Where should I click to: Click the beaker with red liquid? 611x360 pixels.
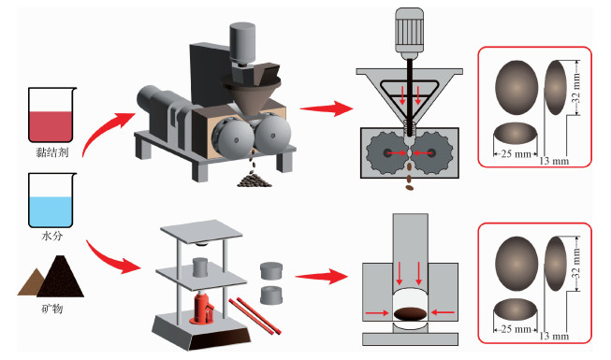click(51, 114)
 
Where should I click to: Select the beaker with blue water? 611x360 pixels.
click(51, 200)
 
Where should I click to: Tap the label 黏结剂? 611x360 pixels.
click(51, 152)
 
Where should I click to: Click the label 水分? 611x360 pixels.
click(51, 236)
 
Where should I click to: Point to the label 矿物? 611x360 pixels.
click(51, 309)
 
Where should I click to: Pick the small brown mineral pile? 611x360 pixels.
click(32, 282)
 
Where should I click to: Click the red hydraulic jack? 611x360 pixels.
click(203, 309)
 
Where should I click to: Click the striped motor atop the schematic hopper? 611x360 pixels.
click(409, 31)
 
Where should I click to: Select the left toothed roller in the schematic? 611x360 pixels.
click(387, 153)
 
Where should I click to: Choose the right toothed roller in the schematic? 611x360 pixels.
click(432, 153)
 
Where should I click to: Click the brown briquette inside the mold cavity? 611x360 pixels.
click(410, 313)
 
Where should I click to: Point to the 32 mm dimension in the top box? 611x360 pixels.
click(577, 88)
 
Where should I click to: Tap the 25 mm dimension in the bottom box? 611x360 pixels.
click(516, 329)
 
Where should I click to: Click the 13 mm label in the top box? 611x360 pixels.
click(554, 161)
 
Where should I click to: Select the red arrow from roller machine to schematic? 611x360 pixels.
click(327, 108)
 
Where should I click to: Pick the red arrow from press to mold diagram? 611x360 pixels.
click(321, 277)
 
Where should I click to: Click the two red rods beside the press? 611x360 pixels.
click(255, 316)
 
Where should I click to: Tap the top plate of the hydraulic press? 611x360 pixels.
click(201, 232)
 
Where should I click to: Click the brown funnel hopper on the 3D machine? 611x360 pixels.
click(252, 94)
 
